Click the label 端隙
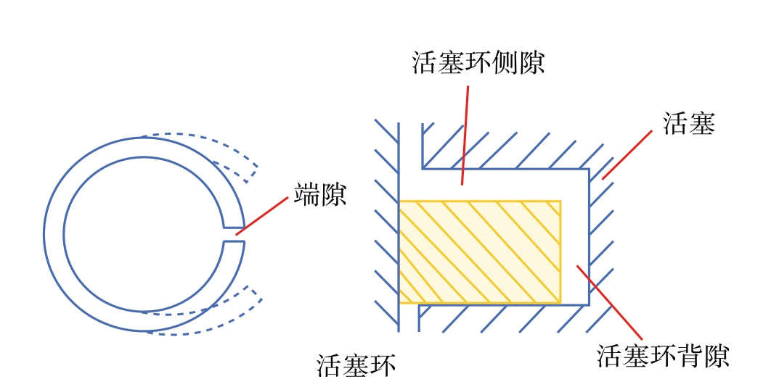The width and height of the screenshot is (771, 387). coord(320,195)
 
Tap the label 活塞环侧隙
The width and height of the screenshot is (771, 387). coord(478,63)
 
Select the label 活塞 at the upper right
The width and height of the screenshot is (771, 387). coord(689,123)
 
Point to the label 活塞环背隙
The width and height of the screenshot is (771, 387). coord(662,355)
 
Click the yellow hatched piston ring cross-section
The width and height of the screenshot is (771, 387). coord(480,251)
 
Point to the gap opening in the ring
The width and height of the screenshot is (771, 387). coord(234,235)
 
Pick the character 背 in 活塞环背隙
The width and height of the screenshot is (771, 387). coord(689,355)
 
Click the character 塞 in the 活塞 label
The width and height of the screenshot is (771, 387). coord(702,123)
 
